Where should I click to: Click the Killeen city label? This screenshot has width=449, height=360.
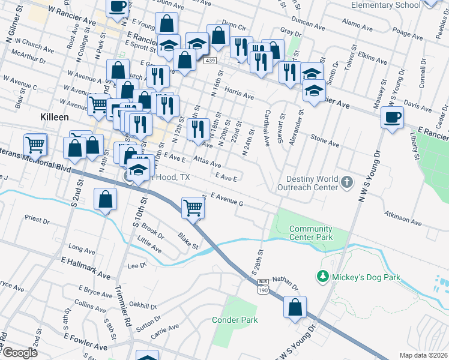tap(55, 117)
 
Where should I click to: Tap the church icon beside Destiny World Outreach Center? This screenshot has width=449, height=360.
tap(346, 182)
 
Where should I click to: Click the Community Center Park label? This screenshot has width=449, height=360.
tap(311, 233)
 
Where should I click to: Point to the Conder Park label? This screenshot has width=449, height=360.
tap(235, 320)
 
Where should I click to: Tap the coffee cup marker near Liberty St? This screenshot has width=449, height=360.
tap(392, 118)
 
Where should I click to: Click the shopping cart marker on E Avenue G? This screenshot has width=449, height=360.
tap(193, 208)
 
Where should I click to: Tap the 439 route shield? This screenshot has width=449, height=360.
tap(209, 61)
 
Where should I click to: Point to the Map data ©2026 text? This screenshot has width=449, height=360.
tap(423, 355)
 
